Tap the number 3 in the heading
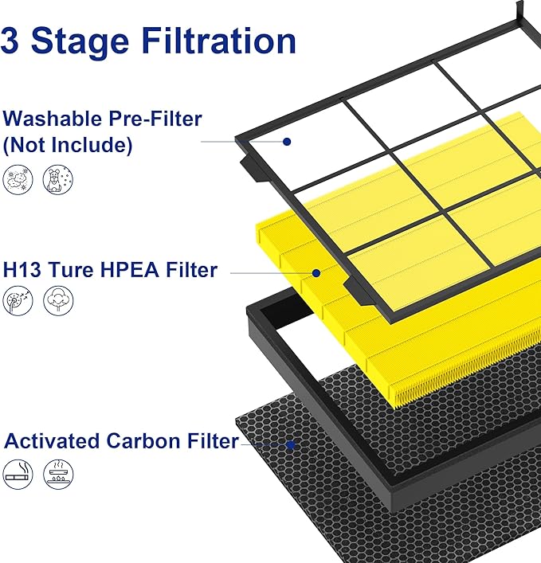click(11, 40)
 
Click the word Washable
click(52, 119)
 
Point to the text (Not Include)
click(68, 146)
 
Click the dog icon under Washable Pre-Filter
click(57, 182)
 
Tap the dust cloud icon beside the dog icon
click(18, 182)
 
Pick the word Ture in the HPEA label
click(73, 270)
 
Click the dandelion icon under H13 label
click(18, 303)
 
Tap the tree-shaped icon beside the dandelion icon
click(57, 303)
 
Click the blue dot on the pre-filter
click(286, 141)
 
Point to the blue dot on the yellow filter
click(316, 272)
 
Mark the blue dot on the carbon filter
click(292, 444)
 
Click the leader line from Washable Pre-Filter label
click(239, 141)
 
